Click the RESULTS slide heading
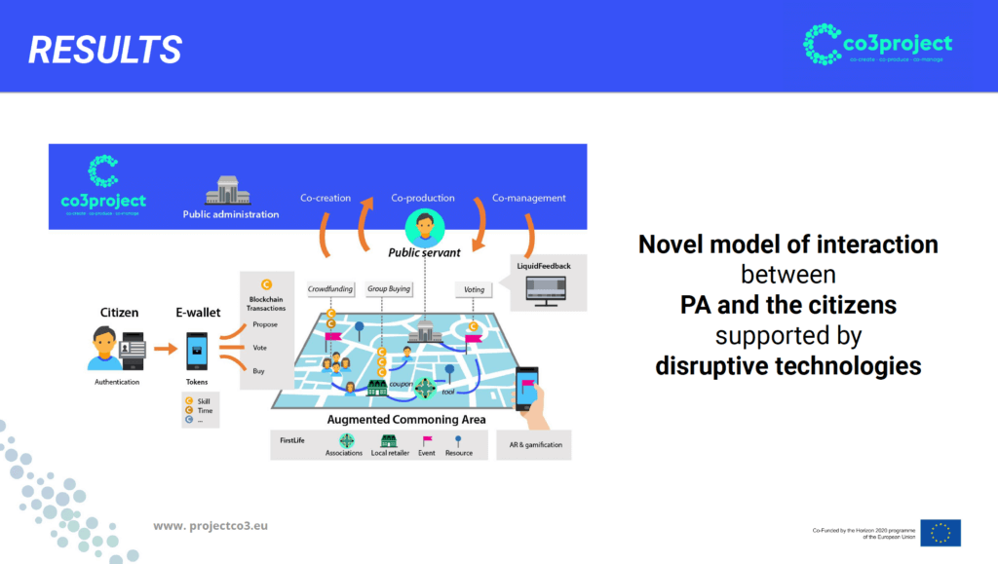(x=104, y=49)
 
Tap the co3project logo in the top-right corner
(x=878, y=45)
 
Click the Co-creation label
(x=326, y=198)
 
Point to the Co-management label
(x=528, y=198)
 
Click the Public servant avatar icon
(x=424, y=229)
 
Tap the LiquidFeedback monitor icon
(x=545, y=289)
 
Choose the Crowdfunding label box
(x=330, y=289)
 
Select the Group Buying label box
(x=389, y=289)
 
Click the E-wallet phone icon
(x=197, y=348)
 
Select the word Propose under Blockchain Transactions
(x=265, y=324)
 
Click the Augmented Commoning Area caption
(x=406, y=420)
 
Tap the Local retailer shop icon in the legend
(x=389, y=440)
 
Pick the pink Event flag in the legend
(x=427, y=440)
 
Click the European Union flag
(x=940, y=532)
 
